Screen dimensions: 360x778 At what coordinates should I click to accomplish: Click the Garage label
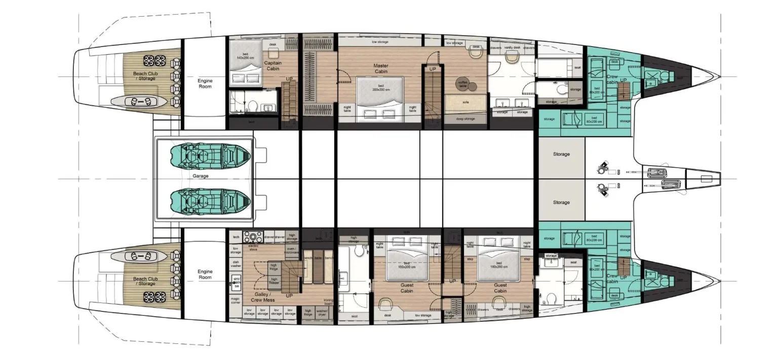pos(201,176)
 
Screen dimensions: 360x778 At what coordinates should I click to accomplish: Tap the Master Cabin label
pos(380,68)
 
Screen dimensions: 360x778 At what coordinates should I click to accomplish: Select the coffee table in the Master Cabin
pos(462,83)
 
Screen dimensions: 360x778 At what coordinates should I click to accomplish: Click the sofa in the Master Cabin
pos(465,102)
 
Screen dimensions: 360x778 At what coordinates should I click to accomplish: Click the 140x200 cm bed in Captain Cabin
pos(245,62)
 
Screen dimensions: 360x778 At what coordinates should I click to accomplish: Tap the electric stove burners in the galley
pos(253,236)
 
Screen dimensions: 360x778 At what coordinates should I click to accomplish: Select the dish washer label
pos(236,264)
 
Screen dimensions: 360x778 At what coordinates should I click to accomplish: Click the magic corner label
pos(236,300)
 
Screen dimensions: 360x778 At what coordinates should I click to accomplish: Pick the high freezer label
pos(274,280)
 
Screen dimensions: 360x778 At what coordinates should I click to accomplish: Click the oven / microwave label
pos(292,250)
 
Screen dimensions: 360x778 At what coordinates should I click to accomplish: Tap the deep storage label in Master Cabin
pos(465,119)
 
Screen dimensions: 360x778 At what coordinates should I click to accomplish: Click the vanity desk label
pos(512,48)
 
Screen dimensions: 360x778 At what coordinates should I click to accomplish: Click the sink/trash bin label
pos(236,282)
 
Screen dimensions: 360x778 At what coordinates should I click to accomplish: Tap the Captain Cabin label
pos(273,66)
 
